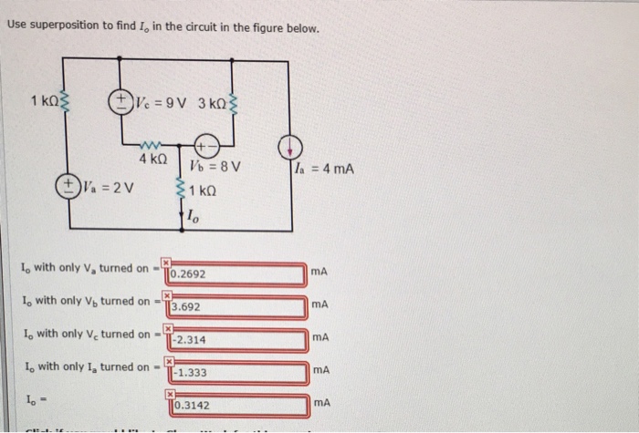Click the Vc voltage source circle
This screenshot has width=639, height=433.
click(120, 99)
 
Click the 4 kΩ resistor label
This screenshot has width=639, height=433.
click(152, 160)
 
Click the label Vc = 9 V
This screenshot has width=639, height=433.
click(160, 100)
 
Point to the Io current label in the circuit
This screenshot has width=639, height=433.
click(191, 216)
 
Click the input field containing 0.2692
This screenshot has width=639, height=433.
click(237, 273)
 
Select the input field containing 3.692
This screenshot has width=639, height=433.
click(237, 307)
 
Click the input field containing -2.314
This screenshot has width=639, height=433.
click(237, 340)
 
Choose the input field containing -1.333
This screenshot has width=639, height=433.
click(237, 373)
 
